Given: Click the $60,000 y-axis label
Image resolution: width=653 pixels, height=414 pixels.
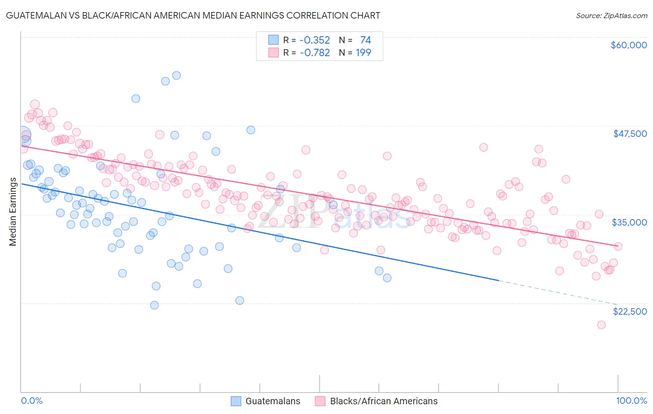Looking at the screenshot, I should pos(628,45).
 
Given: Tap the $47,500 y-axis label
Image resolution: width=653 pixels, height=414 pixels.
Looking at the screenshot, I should pos(630,134).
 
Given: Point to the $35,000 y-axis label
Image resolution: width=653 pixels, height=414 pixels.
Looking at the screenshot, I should pos(629,222).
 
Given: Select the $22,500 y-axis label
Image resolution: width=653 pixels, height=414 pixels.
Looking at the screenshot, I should pos(630,311).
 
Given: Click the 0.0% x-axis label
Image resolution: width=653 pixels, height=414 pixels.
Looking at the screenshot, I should pos(32,401).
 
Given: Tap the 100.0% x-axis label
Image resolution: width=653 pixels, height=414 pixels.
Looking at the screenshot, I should pos(631,401).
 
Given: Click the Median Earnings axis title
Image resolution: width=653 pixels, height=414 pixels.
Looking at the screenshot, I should pos(13,212).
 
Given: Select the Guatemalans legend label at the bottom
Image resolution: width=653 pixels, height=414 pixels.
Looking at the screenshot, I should pos(273,401).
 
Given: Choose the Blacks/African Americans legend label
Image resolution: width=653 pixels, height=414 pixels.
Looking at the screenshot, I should pos(384,401).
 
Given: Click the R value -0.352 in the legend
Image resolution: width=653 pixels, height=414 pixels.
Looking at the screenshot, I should pos(314,40).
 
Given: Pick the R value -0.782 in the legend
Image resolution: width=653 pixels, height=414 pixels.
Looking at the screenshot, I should pos(314,53).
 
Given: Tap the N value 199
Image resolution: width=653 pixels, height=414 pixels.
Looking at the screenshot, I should pos(363,53).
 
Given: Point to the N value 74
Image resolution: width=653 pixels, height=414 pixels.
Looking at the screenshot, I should pos(366,40).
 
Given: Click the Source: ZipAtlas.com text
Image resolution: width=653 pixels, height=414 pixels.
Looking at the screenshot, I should pos(611,16).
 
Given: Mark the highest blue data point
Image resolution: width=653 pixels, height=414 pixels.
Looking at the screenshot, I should pos(176,75).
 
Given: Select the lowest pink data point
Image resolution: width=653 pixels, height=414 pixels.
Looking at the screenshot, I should pos(601,325).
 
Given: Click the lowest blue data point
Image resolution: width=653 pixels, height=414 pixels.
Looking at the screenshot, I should pos(154,305).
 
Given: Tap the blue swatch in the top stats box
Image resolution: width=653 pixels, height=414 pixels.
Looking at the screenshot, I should pos(274,40).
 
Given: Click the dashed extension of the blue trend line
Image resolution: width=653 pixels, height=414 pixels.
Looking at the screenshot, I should pos(557,292).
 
